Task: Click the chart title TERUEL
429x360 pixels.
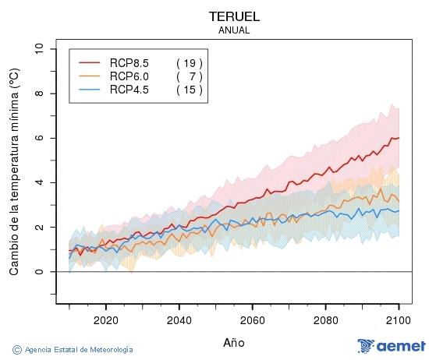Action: point(234,16)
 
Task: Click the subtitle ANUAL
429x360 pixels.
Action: point(234,30)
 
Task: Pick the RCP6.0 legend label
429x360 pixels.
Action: point(129,76)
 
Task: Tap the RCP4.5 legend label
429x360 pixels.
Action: point(129,90)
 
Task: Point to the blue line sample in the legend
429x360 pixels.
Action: point(89,90)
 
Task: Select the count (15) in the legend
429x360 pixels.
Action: point(190,90)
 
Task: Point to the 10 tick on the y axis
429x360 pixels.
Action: point(39,49)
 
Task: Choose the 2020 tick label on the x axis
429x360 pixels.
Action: point(105,319)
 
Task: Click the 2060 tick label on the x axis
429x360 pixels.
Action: point(252,319)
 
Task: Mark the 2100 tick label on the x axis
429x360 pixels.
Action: point(399,319)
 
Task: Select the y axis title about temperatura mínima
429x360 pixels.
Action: point(13,171)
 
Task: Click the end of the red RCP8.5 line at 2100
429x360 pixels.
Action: point(399,137)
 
